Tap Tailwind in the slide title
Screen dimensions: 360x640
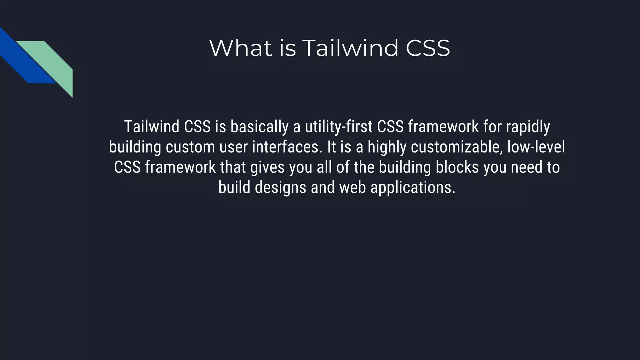350,48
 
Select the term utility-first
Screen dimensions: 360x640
338,127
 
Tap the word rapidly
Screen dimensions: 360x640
528,127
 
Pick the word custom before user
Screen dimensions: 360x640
190,147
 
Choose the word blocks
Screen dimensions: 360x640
457,167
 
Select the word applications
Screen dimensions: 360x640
413,188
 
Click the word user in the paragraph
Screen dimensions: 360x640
233,147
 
